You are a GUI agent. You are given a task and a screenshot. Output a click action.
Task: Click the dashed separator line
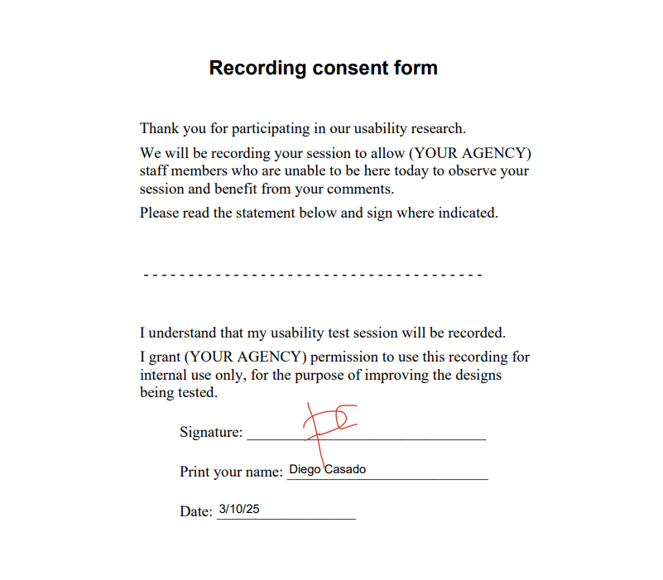point(312,274)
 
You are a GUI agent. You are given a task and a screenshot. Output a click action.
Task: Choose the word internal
point(166,375)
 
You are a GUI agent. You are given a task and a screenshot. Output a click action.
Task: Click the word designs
point(476,375)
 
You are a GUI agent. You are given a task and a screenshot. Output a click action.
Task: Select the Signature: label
point(211,432)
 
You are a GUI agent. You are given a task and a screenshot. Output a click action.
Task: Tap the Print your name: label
point(231,472)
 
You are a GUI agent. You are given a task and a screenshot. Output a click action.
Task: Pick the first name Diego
point(305,469)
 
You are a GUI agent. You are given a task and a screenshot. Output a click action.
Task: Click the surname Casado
point(345,469)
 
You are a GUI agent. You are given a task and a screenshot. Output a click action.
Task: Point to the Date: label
point(196,511)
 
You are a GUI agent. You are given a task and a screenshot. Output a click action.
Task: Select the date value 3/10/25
point(239,509)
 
